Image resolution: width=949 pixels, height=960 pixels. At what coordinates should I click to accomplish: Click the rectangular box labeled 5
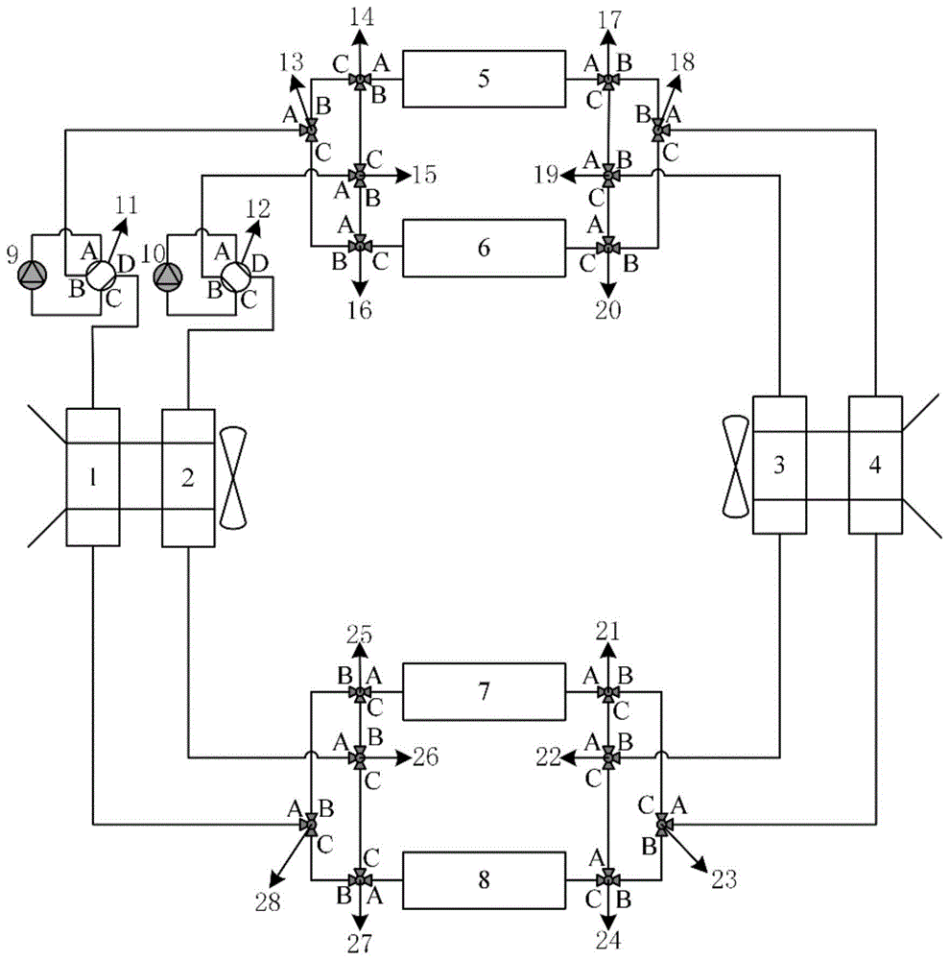483,79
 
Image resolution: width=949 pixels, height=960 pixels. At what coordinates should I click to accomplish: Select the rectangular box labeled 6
483,247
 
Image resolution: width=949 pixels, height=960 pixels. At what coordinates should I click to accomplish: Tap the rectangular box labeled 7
483,691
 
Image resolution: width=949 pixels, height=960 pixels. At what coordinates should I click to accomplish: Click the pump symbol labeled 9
33,276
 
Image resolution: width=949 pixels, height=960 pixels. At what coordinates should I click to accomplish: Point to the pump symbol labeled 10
167,276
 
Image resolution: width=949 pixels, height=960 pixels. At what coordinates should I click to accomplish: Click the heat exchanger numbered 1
93,477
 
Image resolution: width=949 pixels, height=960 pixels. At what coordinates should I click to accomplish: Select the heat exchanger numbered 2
188,477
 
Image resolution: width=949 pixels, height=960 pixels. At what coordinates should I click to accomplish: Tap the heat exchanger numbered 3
778,466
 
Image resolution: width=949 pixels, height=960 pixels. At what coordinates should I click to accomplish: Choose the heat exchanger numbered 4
874,466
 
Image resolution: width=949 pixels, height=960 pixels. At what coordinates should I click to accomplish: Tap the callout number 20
607,309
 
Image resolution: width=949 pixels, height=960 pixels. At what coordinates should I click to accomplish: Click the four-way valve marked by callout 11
98,276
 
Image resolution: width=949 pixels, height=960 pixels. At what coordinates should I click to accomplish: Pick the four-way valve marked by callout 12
232,276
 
